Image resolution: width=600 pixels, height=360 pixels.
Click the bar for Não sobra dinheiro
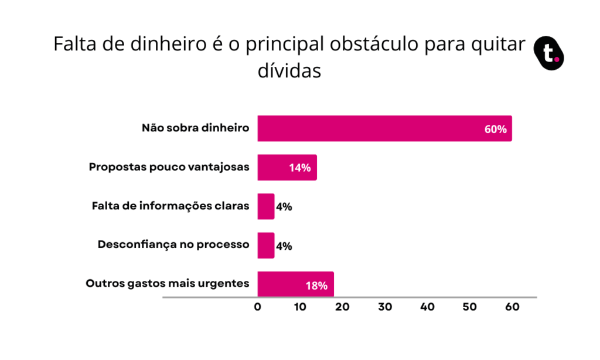384,128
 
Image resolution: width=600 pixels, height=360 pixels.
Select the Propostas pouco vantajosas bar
287,167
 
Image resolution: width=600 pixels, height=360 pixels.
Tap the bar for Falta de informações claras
266,206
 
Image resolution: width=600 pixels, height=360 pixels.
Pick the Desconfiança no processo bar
266,246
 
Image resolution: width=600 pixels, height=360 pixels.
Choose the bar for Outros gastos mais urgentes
295,284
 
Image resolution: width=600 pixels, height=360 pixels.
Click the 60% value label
495,129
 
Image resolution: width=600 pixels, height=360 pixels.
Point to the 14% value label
299,168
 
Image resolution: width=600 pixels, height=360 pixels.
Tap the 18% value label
316,286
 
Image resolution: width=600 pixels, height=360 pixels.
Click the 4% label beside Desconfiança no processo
284,246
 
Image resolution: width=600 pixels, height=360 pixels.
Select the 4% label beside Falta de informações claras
284,207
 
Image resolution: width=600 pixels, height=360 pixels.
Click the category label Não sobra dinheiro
196,128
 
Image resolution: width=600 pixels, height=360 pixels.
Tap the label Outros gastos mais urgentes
168,284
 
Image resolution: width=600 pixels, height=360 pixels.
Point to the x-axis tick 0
258,307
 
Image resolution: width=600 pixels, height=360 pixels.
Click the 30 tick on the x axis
385,307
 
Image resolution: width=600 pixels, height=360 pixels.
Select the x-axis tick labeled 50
470,307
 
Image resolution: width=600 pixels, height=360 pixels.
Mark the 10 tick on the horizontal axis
300,307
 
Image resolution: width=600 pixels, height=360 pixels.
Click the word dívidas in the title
289,70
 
